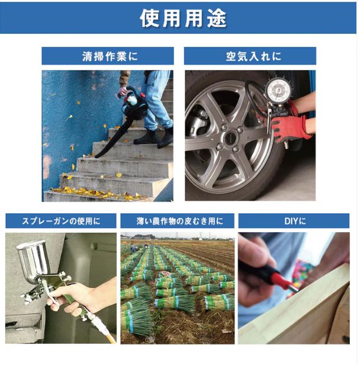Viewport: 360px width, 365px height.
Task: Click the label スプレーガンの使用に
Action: coord(61,221)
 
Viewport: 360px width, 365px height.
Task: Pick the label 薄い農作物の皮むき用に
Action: coord(178,221)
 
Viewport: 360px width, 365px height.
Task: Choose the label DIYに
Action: coord(294,221)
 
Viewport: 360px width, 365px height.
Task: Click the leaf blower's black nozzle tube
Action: coord(112,136)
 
